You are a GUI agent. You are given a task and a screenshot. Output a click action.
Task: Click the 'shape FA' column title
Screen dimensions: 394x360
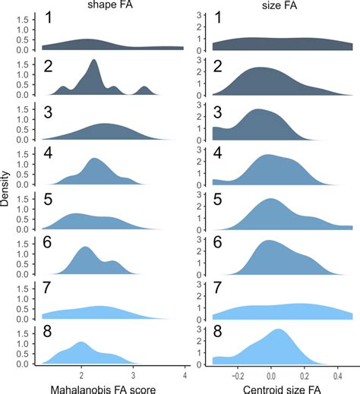point(93,8)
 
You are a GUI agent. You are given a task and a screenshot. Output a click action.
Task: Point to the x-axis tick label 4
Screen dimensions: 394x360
point(185,374)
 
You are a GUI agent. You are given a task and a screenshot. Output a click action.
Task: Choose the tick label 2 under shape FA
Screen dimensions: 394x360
point(81,374)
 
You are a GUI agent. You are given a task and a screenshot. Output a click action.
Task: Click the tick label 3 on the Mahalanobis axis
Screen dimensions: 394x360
point(133,374)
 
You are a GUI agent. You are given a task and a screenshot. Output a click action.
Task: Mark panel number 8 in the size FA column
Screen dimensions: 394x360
point(217,336)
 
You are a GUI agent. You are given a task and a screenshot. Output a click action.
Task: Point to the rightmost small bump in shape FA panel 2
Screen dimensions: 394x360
point(145,88)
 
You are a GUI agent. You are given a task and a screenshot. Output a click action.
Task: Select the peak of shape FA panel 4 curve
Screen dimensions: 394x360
point(95,159)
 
